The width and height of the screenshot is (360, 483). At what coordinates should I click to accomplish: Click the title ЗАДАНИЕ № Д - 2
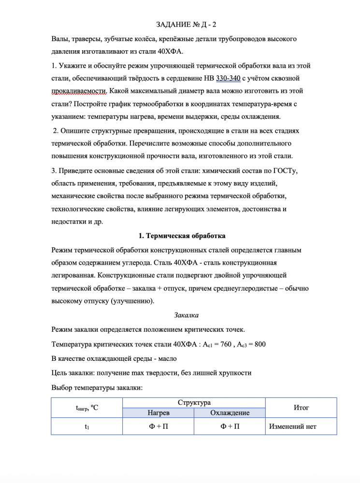coord(180,24)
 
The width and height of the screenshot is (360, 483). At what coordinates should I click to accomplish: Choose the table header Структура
coord(194,402)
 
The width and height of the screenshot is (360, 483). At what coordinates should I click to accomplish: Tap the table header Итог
coord(301,408)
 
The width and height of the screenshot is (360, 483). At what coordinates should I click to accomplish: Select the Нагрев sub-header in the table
coord(158,413)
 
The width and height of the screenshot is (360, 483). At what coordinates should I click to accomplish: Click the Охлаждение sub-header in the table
coord(230,413)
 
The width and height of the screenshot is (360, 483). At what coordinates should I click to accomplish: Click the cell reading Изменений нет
coord(293,426)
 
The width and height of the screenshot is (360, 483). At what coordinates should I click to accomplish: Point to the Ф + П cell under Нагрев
coord(158,426)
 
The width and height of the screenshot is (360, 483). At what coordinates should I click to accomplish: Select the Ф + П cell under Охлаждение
coord(230,426)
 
